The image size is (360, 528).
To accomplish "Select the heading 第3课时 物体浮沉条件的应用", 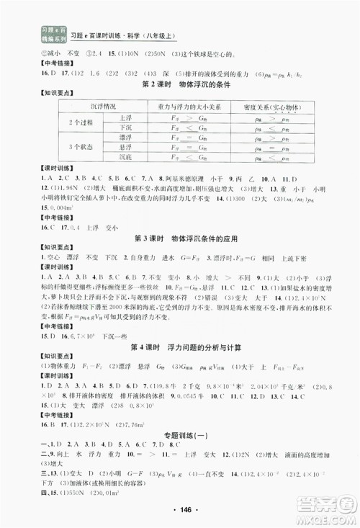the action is pyautogui.click(x=180, y=238).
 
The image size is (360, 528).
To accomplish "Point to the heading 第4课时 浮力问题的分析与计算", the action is pyautogui.click(x=180, y=348).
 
